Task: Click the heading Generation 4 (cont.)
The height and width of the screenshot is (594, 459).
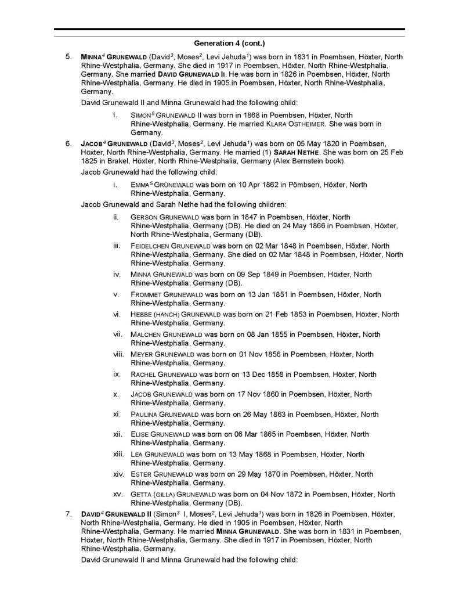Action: click(229, 44)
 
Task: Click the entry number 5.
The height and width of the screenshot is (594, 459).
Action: click(68, 57)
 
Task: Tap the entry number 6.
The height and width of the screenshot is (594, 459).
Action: click(68, 143)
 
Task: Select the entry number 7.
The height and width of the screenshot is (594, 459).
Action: click(68, 514)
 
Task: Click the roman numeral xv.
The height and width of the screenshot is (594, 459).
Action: click(117, 495)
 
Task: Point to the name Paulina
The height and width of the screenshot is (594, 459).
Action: click(144, 415)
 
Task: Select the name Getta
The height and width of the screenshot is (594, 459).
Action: click(141, 495)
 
